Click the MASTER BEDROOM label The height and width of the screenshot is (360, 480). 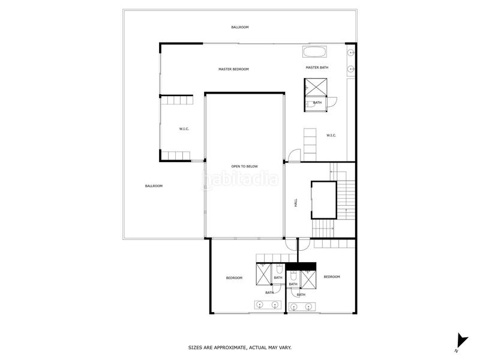[x=233, y=70]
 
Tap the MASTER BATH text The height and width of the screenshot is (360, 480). [x=317, y=67]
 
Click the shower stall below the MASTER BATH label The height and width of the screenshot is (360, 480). [x=316, y=87]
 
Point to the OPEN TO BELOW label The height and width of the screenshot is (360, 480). [x=244, y=166]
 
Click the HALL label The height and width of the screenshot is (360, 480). [x=296, y=203]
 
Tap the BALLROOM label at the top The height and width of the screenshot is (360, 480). [x=240, y=28]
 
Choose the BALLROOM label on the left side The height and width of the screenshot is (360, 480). [x=154, y=186]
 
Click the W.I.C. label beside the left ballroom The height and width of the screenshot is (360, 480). [x=184, y=129]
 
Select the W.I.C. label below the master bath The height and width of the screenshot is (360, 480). [x=331, y=135]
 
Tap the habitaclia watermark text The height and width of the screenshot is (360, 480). [x=240, y=179]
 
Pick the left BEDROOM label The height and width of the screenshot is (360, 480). [x=234, y=278]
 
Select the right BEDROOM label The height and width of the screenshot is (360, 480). [x=332, y=277]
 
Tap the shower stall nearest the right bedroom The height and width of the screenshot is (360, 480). [x=308, y=280]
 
